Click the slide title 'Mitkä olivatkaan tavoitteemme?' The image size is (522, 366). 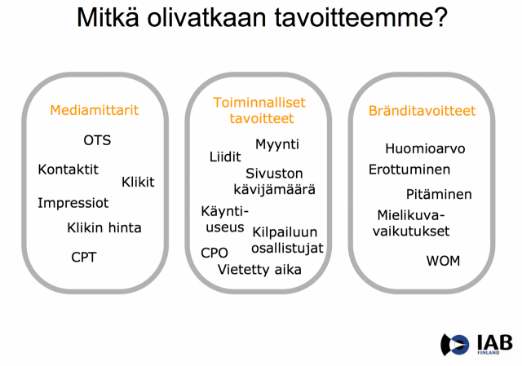coord(261,19)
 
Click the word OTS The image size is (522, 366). coord(97,140)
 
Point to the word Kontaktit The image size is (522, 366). coord(68,170)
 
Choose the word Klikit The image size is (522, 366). coord(138,182)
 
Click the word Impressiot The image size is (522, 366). coord(73,202)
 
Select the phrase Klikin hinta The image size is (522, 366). coord(104,227)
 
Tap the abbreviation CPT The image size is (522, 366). coord(84,257)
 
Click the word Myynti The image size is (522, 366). coord(277,144)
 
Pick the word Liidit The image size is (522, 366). coord(225,157)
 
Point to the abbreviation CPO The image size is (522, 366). coord(215,253)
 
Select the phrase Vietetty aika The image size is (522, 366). coord(259,269)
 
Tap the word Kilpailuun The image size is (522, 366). coord(285,232)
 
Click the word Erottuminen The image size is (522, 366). coord(409,170)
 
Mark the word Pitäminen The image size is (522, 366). coord(439,195)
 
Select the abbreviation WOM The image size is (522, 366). coord(443,261)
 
